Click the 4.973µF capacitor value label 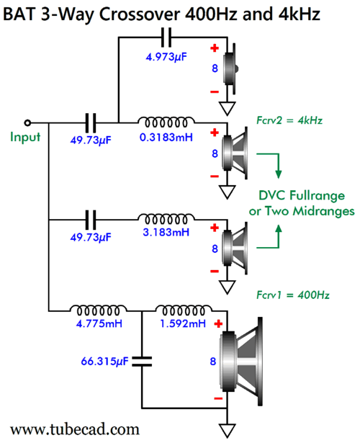[166, 58]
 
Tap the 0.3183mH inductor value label [166, 138]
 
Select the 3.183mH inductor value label [166, 232]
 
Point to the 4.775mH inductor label [99, 323]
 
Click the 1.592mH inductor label [183, 323]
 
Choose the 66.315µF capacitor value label [104, 361]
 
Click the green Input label [25, 137]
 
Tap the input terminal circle [27, 123]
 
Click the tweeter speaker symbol [230, 68]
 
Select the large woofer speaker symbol [241, 362]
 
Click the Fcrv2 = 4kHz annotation [289, 120]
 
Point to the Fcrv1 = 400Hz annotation [293, 295]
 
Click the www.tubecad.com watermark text [75, 429]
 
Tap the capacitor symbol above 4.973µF [166, 37]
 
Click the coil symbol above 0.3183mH [166, 122]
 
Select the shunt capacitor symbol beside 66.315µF [142, 362]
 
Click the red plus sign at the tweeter [215, 48]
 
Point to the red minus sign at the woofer [218, 398]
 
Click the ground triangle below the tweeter [228, 109]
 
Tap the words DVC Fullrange [302, 196]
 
